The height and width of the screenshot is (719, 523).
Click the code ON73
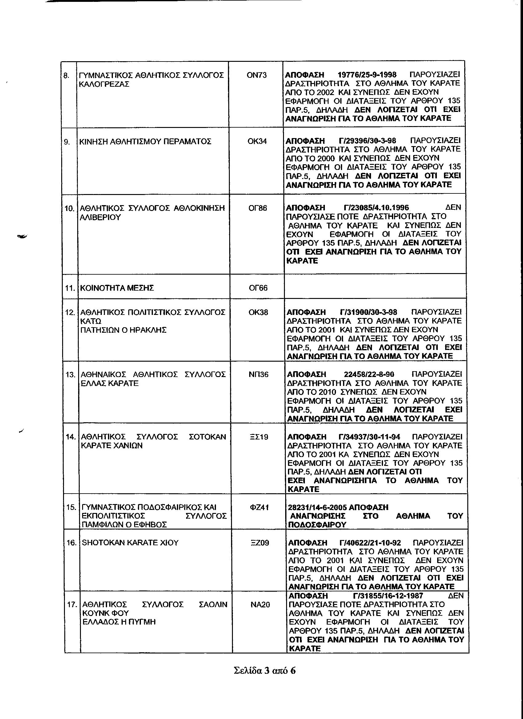coord(257,75)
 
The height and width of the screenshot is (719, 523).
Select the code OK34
coord(257,141)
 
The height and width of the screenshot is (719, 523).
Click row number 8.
coord(66,76)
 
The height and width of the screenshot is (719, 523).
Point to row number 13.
coord(70,375)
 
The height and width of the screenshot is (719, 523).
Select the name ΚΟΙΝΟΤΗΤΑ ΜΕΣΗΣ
coord(117,288)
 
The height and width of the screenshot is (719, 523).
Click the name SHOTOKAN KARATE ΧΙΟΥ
coord(130,542)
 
